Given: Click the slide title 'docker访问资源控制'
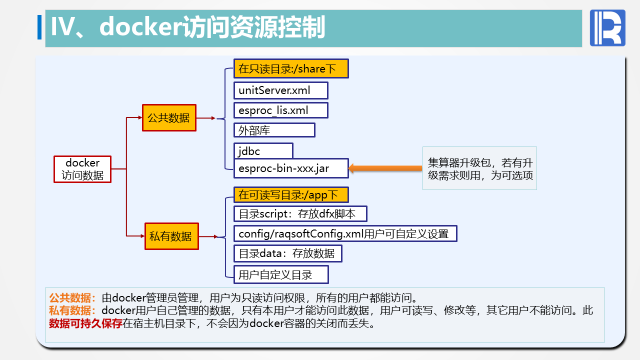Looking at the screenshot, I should [187, 27].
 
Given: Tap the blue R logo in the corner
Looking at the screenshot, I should [607, 28].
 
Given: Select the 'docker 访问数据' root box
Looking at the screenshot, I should [82, 169].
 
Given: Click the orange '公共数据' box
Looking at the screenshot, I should [169, 118].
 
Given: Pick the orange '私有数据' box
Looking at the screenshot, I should [170, 236].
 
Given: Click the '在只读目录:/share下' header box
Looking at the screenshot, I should [290, 69].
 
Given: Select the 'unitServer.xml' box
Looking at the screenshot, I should [280, 90].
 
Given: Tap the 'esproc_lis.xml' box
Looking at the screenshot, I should [280, 110].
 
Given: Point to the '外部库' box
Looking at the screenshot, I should [274, 130].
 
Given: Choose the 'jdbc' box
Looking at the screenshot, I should [263, 150].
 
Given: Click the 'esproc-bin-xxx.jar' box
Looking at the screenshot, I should [290, 168].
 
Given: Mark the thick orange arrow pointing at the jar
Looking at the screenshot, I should [385, 168].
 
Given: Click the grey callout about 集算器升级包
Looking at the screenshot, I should [479, 168].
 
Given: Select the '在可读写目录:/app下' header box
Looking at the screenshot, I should [290, 194].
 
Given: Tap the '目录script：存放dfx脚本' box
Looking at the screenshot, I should [300, 214].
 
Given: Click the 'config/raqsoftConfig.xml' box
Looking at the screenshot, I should [345, 233].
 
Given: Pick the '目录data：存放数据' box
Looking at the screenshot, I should [287, 253].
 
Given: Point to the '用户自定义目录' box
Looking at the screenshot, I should [281, 274].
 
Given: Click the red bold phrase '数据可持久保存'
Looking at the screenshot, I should [85, 323].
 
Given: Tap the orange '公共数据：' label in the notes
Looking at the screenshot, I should [73, 297].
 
